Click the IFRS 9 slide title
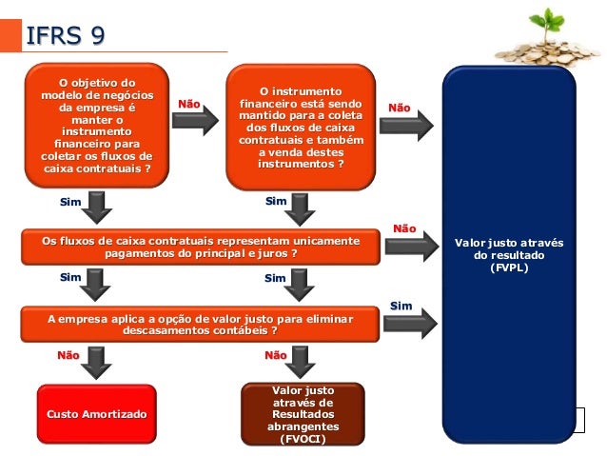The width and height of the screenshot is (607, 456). (66, 35)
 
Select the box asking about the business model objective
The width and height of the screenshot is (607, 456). (97, 125)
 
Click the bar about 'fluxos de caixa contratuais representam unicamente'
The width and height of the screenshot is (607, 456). (201, 248)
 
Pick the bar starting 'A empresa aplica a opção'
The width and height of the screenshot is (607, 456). (201, 323)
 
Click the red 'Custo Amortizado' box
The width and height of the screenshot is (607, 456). (97, 416)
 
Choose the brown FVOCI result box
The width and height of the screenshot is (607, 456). (303, 415)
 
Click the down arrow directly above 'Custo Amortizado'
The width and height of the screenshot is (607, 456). (96, 361)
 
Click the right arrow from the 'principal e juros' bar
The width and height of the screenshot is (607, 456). (410, 247)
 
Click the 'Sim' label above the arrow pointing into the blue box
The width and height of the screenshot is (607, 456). (401, 305)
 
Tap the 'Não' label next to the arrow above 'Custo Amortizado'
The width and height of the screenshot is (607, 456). (69, 354)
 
